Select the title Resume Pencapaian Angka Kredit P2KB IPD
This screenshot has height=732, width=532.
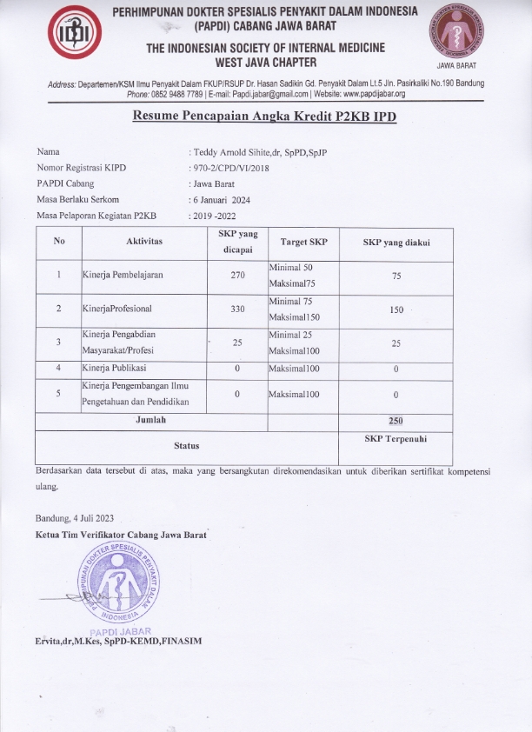264,116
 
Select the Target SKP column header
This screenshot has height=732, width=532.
303,242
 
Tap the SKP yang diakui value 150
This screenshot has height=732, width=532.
396,309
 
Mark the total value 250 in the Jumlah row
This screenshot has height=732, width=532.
396,421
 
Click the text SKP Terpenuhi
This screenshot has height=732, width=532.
396,439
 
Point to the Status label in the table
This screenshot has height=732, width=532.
186,445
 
